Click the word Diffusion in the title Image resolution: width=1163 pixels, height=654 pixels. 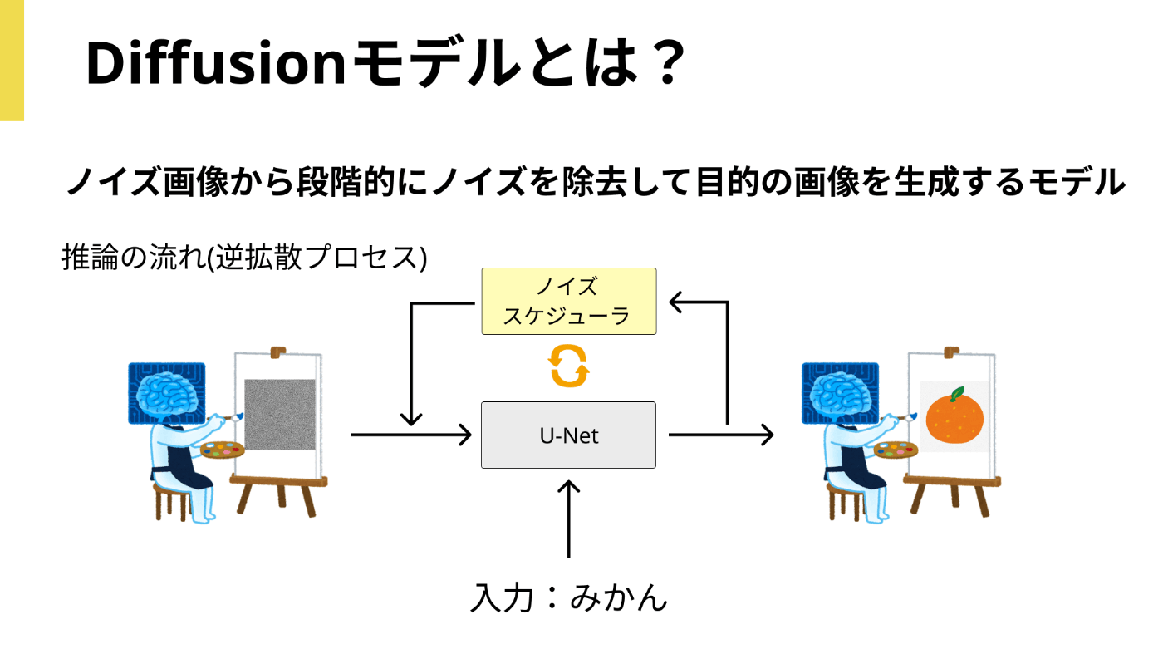(x=216, y=63)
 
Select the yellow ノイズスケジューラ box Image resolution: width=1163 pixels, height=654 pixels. (x=569, y=302)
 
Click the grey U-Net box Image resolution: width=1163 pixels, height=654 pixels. (x=568, y=435)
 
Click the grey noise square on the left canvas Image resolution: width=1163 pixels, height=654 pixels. (x=280, y=415)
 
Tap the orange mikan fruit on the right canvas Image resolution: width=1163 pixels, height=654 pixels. (x=954, y=419)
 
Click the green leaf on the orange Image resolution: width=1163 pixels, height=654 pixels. (x=957, y=394)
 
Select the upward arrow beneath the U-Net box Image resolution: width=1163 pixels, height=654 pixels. (x=569, y=519)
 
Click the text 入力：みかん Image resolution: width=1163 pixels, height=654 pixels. (x=569, y=597)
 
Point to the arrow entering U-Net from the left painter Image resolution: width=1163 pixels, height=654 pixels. (x=411, y=435)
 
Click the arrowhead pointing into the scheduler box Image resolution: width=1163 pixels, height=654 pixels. (x=676, y=302)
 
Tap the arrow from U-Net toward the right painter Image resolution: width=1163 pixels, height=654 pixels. (x=721, y=435)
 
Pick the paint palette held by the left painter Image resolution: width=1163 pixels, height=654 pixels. (x=223, y=450)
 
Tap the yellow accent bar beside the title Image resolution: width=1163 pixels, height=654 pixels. (x=12, y=61)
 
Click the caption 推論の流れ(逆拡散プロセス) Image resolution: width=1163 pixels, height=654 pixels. (x=244, y=257)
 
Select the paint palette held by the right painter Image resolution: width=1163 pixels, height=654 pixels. (x=896, y=450)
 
